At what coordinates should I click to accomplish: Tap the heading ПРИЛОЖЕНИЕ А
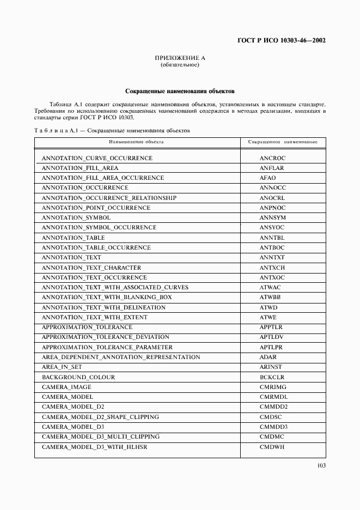pos(179,58)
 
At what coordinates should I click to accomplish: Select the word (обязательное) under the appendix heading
pos(179,65)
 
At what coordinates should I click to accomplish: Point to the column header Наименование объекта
pos(136,142)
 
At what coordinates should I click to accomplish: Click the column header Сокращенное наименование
pos(283,142)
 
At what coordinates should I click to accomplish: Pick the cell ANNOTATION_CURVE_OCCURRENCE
pos(97,158)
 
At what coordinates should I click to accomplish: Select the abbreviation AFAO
pos(268,178)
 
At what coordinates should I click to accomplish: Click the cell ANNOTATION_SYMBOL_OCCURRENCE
pos(99,228)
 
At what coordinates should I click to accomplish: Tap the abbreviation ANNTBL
pos(272,238)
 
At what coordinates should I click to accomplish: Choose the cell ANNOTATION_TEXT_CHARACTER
pos(91,268)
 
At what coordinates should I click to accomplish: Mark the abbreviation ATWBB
pos(271,297)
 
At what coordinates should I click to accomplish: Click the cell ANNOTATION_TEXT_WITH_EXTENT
pos(94,317)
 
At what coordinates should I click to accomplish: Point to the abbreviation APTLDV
pos(272,337)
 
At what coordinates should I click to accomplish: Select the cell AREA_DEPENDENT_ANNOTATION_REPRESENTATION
pos(121,357)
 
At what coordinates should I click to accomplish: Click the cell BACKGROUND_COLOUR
pos(78,377)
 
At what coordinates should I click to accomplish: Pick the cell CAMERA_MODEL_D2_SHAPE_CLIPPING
pos(101,417)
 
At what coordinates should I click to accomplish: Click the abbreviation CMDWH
pos(272,447)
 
